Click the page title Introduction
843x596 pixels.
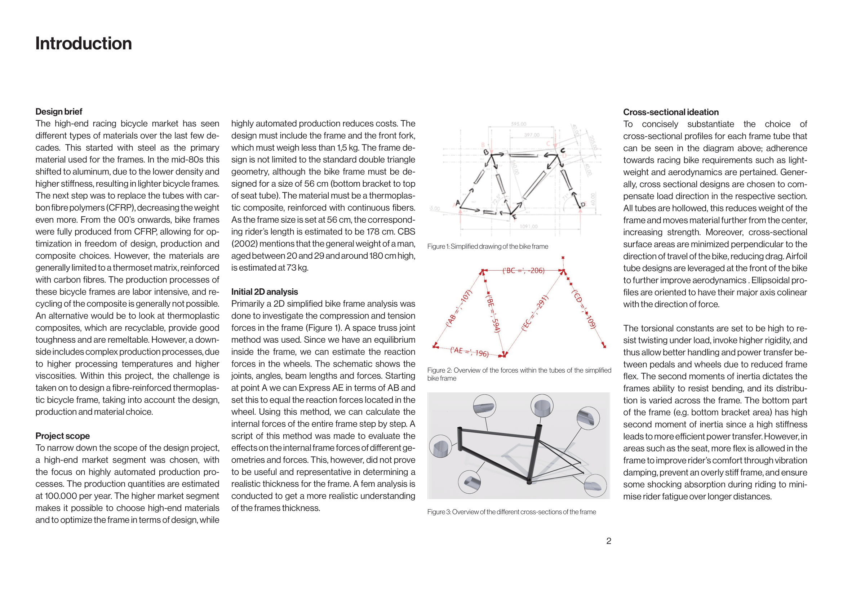click(83, 44)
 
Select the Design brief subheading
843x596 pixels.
click(59, 112)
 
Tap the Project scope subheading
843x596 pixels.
click(62, 436)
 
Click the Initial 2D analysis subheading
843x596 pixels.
click(264, 292)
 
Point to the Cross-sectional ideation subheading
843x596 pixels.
click(670, 112)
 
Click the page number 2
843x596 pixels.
click(608, 541)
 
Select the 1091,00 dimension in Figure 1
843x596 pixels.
click(529, 226)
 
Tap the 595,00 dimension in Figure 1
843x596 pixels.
click(518, 124)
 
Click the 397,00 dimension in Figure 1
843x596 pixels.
click(532, 135)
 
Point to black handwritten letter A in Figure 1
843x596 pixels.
click(458, 203)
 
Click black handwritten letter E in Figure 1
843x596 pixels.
click(515, 217)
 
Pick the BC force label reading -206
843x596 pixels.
click(523, 271)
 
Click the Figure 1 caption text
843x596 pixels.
click(487, 246)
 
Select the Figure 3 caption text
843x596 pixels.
click(511, 512)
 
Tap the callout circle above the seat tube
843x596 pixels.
click(542, 405)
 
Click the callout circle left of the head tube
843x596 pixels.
click(440, 446)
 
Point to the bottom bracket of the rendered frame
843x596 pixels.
click(529, 481)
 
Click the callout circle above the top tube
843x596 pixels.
click(485, 406)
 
